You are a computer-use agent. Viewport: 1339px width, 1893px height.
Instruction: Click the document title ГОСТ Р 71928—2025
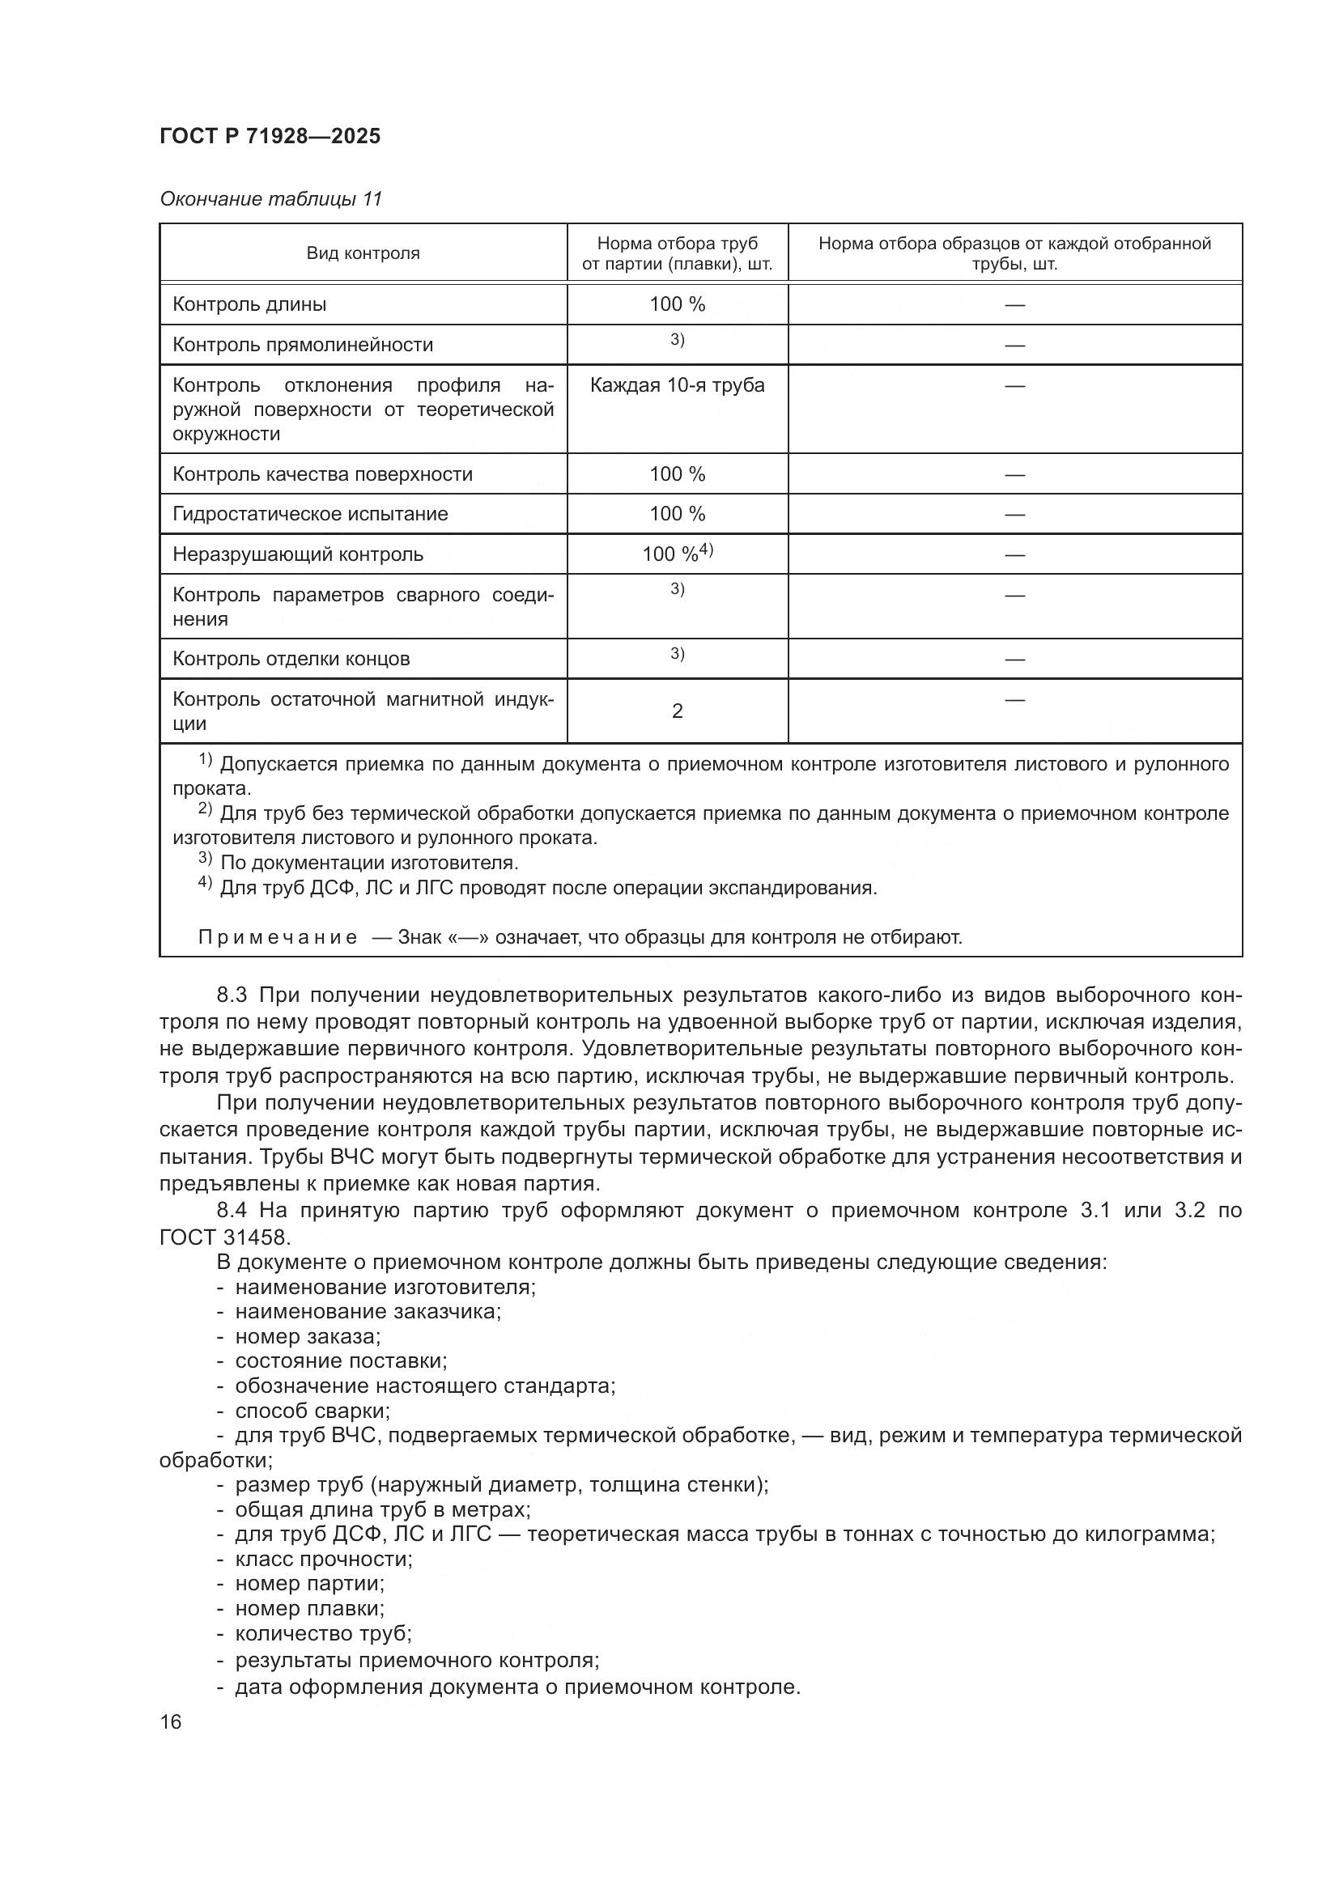tap(270, 136)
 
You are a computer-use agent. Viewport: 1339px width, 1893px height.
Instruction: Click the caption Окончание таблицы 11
tap(270, 199)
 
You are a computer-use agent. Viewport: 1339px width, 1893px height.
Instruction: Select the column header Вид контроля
tap(363, 253)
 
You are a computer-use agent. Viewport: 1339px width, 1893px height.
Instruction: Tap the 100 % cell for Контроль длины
tap(677, 304)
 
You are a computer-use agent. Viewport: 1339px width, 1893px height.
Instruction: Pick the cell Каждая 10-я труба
tap(677, 385)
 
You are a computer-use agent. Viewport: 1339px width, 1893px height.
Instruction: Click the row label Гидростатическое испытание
tap(310, 514)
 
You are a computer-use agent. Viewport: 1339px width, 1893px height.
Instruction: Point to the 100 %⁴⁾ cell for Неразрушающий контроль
tap(677, 554)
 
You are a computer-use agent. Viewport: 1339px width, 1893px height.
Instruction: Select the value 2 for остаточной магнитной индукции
tap(677, 711)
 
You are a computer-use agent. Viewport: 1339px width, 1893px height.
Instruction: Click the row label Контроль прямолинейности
tap(303, 345)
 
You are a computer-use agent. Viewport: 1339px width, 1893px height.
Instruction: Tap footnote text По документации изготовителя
tap(368, 864)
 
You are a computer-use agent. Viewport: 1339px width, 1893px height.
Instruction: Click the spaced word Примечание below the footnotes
tap(277, 937)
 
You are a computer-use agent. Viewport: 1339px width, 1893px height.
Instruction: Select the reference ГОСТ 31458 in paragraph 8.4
tap(224, 1237)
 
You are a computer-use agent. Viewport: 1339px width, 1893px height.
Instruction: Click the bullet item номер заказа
tap(308, 1336)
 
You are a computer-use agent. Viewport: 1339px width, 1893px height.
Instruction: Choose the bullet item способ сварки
tap(312, 1411)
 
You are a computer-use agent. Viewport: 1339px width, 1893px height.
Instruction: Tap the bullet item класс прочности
tap(323, 1559)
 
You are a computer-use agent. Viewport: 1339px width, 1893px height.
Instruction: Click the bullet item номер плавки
tap(309, 1609)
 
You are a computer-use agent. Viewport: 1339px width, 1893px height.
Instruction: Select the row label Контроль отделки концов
tap(291, 659)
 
